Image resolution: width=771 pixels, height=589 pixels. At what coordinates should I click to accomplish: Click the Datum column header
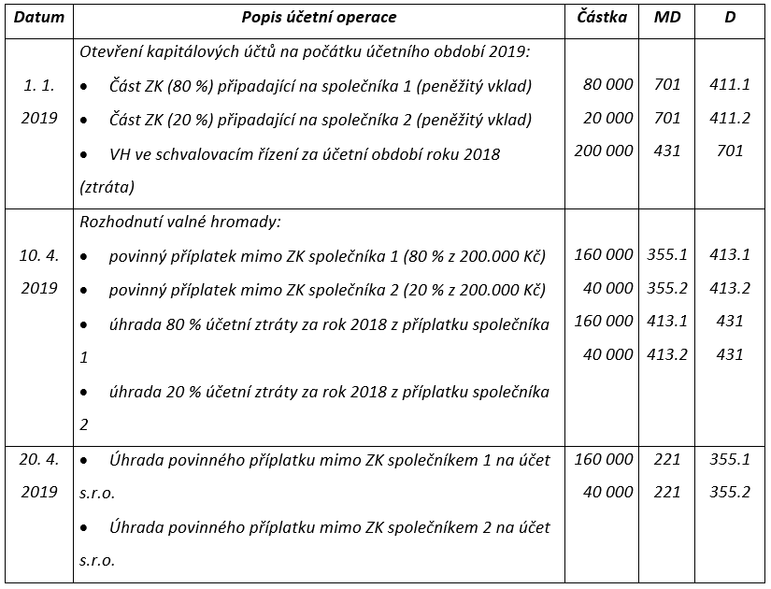click(39, 18)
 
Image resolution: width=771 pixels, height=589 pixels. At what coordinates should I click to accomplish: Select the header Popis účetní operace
click(319, 18)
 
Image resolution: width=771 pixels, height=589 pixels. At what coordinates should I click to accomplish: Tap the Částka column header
click(602, 18)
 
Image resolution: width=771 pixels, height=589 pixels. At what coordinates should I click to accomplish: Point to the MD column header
click(666, 18)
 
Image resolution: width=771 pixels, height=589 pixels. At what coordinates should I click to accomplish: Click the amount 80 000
click(607, 85)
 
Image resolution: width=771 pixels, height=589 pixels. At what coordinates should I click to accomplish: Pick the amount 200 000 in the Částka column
click(603, 151)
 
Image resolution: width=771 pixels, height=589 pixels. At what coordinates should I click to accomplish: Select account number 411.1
click(730, 85)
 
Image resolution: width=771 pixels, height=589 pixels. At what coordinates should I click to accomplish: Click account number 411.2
click(730, 118)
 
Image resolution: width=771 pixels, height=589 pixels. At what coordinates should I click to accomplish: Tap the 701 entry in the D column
click(730, 151)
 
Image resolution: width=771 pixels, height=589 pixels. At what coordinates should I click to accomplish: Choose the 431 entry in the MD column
click(667, 151)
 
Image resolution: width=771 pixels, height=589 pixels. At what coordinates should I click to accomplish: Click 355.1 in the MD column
click(667, 254)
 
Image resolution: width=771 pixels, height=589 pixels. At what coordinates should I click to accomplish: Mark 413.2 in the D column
click(730, 288)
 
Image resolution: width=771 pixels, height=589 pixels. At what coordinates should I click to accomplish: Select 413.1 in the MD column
click(667, 321)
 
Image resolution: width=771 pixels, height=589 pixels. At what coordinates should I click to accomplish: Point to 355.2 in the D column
click(730, 493)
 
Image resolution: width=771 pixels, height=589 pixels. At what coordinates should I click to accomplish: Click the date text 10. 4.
click(39, 254)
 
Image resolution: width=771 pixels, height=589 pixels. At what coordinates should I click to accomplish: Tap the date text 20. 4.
click(39, 459)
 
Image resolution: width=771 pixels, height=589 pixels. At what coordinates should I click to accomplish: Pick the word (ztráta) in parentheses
click(107, 187)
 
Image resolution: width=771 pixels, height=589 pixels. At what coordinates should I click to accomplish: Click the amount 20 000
click(607, 118)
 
